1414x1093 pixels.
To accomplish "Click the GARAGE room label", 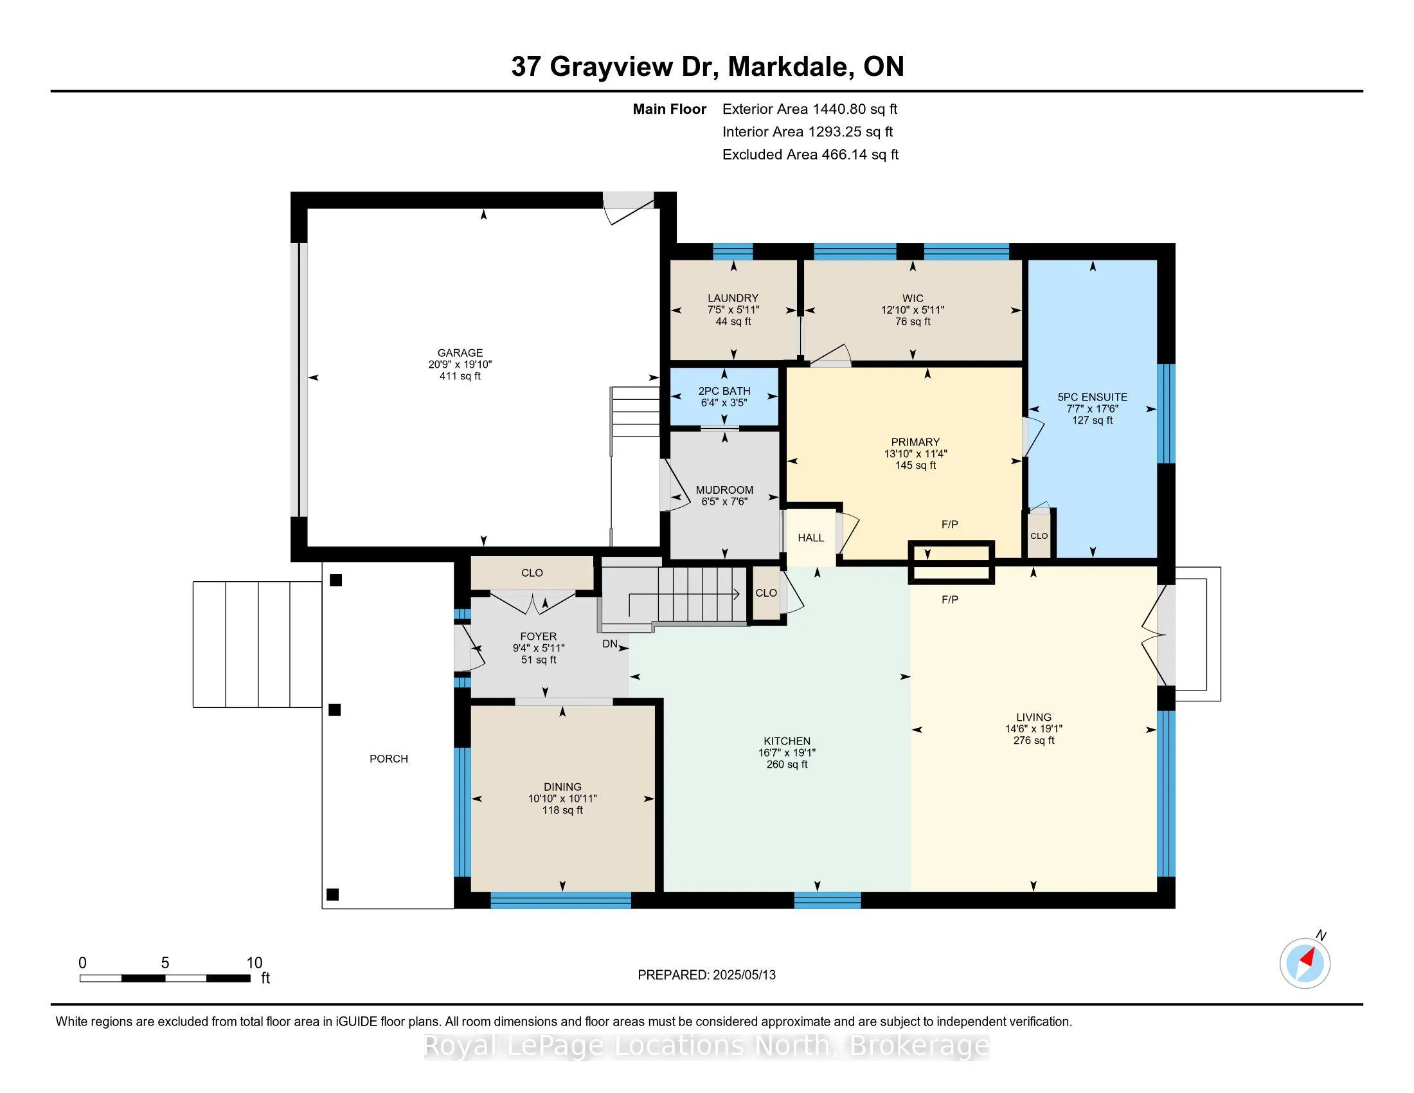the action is coord(460,353).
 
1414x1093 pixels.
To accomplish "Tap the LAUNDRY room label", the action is coord(733,298).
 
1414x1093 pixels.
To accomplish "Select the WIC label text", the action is coord(913,298).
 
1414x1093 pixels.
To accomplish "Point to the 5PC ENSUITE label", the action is coord(1092,397).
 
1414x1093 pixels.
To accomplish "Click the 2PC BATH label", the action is coord(724,391).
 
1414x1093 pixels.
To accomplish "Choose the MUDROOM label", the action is coord(724,490).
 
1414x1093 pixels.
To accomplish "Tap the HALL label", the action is coord(810,537).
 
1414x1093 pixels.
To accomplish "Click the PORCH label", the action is coord(388,758).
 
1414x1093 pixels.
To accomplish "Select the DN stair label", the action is coord(610,644).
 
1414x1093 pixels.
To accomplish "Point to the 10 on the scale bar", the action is coord(254,963).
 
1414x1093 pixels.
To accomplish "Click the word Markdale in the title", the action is coord(789,67).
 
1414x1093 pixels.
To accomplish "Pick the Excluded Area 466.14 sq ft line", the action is coord(810,155).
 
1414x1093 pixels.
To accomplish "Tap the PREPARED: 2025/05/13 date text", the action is coord(706,975).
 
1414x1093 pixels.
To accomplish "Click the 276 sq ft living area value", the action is coord(1034,740).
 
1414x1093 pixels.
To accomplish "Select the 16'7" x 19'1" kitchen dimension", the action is coord(787,752).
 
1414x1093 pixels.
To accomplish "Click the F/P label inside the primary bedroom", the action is coord(950,525).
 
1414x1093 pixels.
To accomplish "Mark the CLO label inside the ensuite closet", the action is coord(1039,536).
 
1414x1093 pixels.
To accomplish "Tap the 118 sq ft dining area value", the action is coord(562,810).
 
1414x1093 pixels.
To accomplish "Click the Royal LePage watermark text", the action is coord(706,1045).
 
